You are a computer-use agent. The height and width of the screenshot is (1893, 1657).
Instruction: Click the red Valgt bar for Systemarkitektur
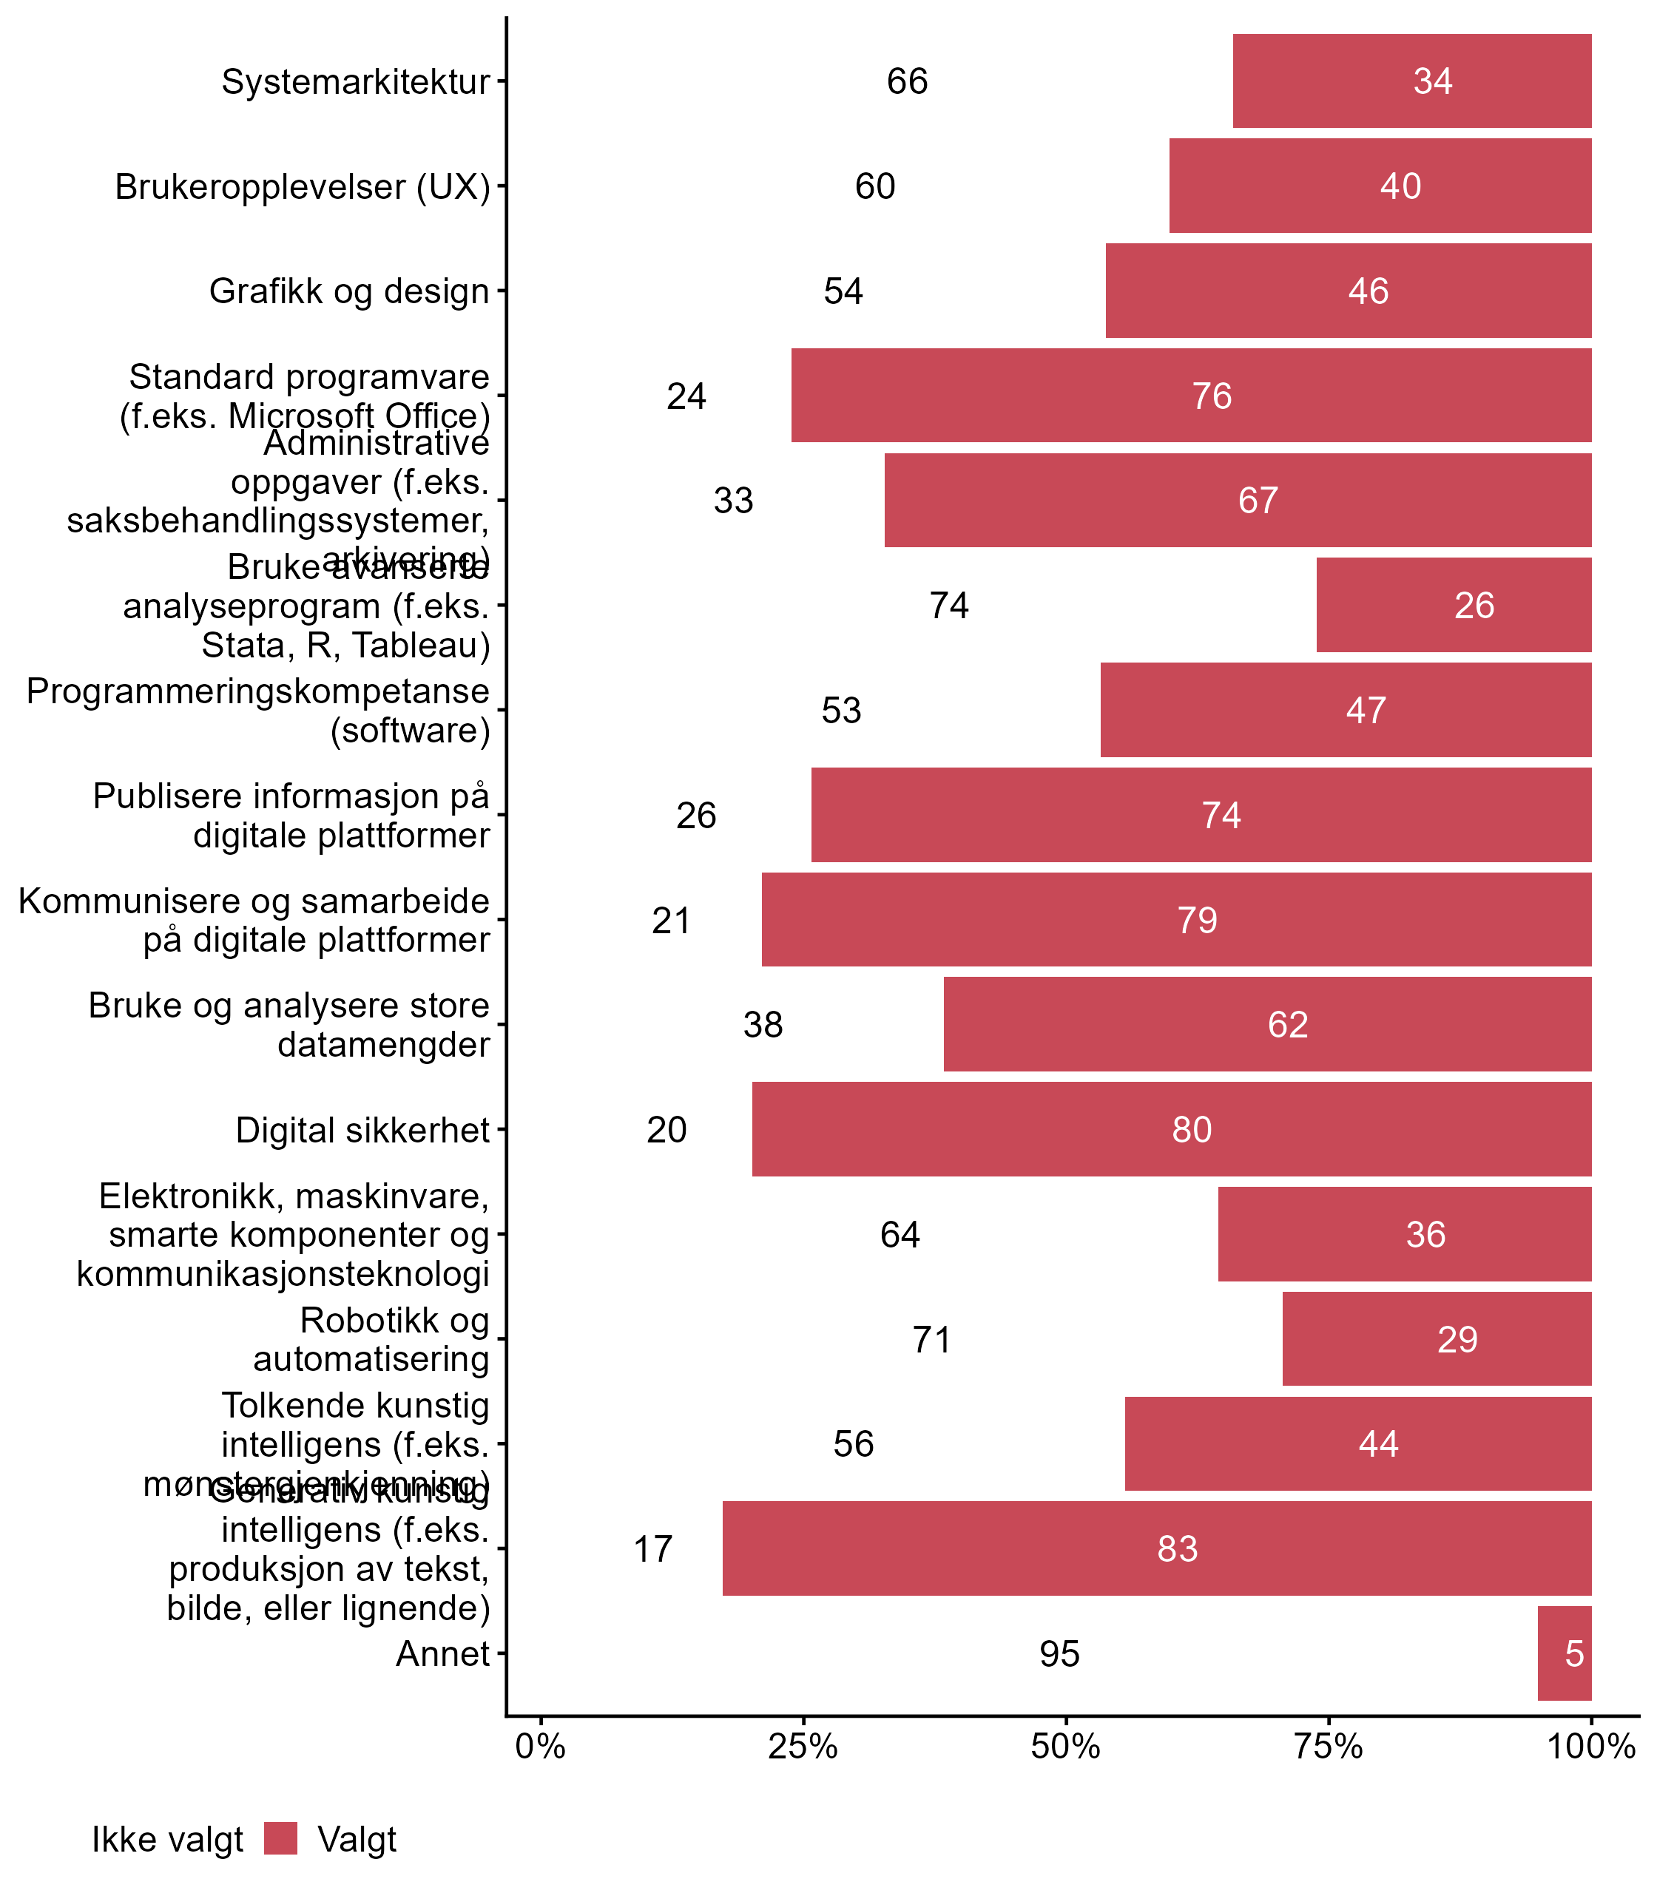pos(1412,81)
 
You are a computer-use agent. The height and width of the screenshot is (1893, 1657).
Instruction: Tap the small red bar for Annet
pos(1564,1653)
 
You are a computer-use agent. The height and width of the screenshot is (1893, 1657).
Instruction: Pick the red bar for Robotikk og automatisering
pos(1436,1338)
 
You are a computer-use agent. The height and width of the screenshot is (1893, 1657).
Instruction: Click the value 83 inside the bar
pos(1177,1548)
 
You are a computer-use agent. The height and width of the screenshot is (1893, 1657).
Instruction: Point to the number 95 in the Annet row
pos(1059,1653)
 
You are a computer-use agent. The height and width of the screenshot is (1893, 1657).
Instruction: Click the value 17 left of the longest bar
pos(652,1548)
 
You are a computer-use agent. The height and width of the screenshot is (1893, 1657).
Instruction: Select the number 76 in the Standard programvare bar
pos(1212,396)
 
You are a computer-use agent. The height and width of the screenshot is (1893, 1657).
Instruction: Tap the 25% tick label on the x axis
pos(803,1746)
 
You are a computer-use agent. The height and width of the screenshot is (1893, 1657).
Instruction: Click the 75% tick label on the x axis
pos(1328,1746)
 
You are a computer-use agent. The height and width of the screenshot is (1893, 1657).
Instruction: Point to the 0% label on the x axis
pos(540,1746)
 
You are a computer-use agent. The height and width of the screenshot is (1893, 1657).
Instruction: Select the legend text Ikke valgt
pos(167,1840)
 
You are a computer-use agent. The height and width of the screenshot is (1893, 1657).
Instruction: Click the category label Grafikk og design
pos(348,291)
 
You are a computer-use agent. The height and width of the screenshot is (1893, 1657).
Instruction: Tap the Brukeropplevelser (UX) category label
pos(303,186)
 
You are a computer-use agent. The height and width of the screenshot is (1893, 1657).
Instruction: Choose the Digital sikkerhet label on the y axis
pos(362,1130)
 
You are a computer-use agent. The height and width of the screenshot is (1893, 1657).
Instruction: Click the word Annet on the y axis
pos(442,1653)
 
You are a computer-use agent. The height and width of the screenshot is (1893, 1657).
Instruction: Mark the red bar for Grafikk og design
pos(1348,291)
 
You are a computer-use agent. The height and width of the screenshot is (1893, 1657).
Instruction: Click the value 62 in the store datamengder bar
pos(1287,1024)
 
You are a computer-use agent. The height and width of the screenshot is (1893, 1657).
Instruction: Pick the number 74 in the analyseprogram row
pos(948,606)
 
